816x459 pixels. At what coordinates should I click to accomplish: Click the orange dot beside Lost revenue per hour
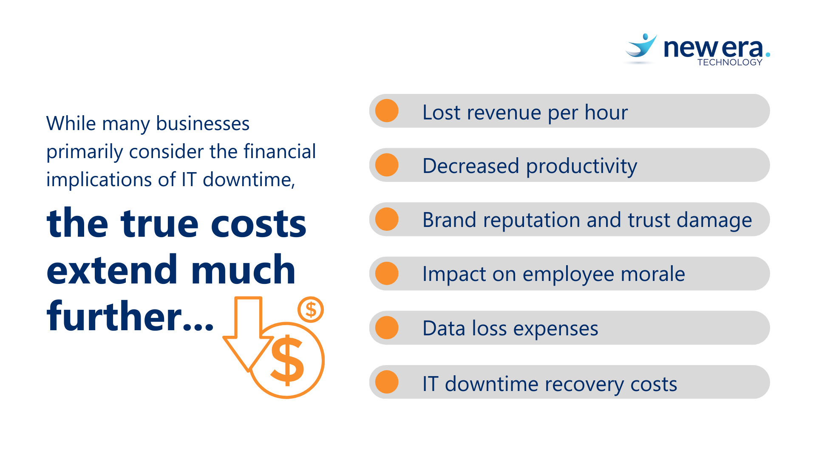pyautogui.click(x=387, y=111)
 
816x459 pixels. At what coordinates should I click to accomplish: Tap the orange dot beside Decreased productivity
pyautogui.click(x=387, y=165)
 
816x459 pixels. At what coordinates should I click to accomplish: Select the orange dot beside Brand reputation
pyautogui.click(x=387, y=219)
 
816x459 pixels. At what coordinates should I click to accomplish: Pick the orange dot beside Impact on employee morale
pyautogui.click(x=387, y=273)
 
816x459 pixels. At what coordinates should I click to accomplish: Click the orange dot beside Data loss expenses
pyautogui.click(x=387, y=328)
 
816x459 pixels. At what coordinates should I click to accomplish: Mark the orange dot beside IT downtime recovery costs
pyautogui.click(x=387, y=382)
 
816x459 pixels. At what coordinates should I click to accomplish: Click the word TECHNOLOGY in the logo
pyautogui.click(x=730, y=62)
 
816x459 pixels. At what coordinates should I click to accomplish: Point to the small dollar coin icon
pyautogui.click(x=311, y=309)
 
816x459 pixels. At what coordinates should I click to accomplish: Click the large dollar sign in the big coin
pyautogui.click(x=287, y=360)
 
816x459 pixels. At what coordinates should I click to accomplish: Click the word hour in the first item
pyautogui.click(x=606, y=112)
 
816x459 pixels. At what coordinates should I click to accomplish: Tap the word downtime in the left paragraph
pyautogui.click(x=249, y=179)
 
